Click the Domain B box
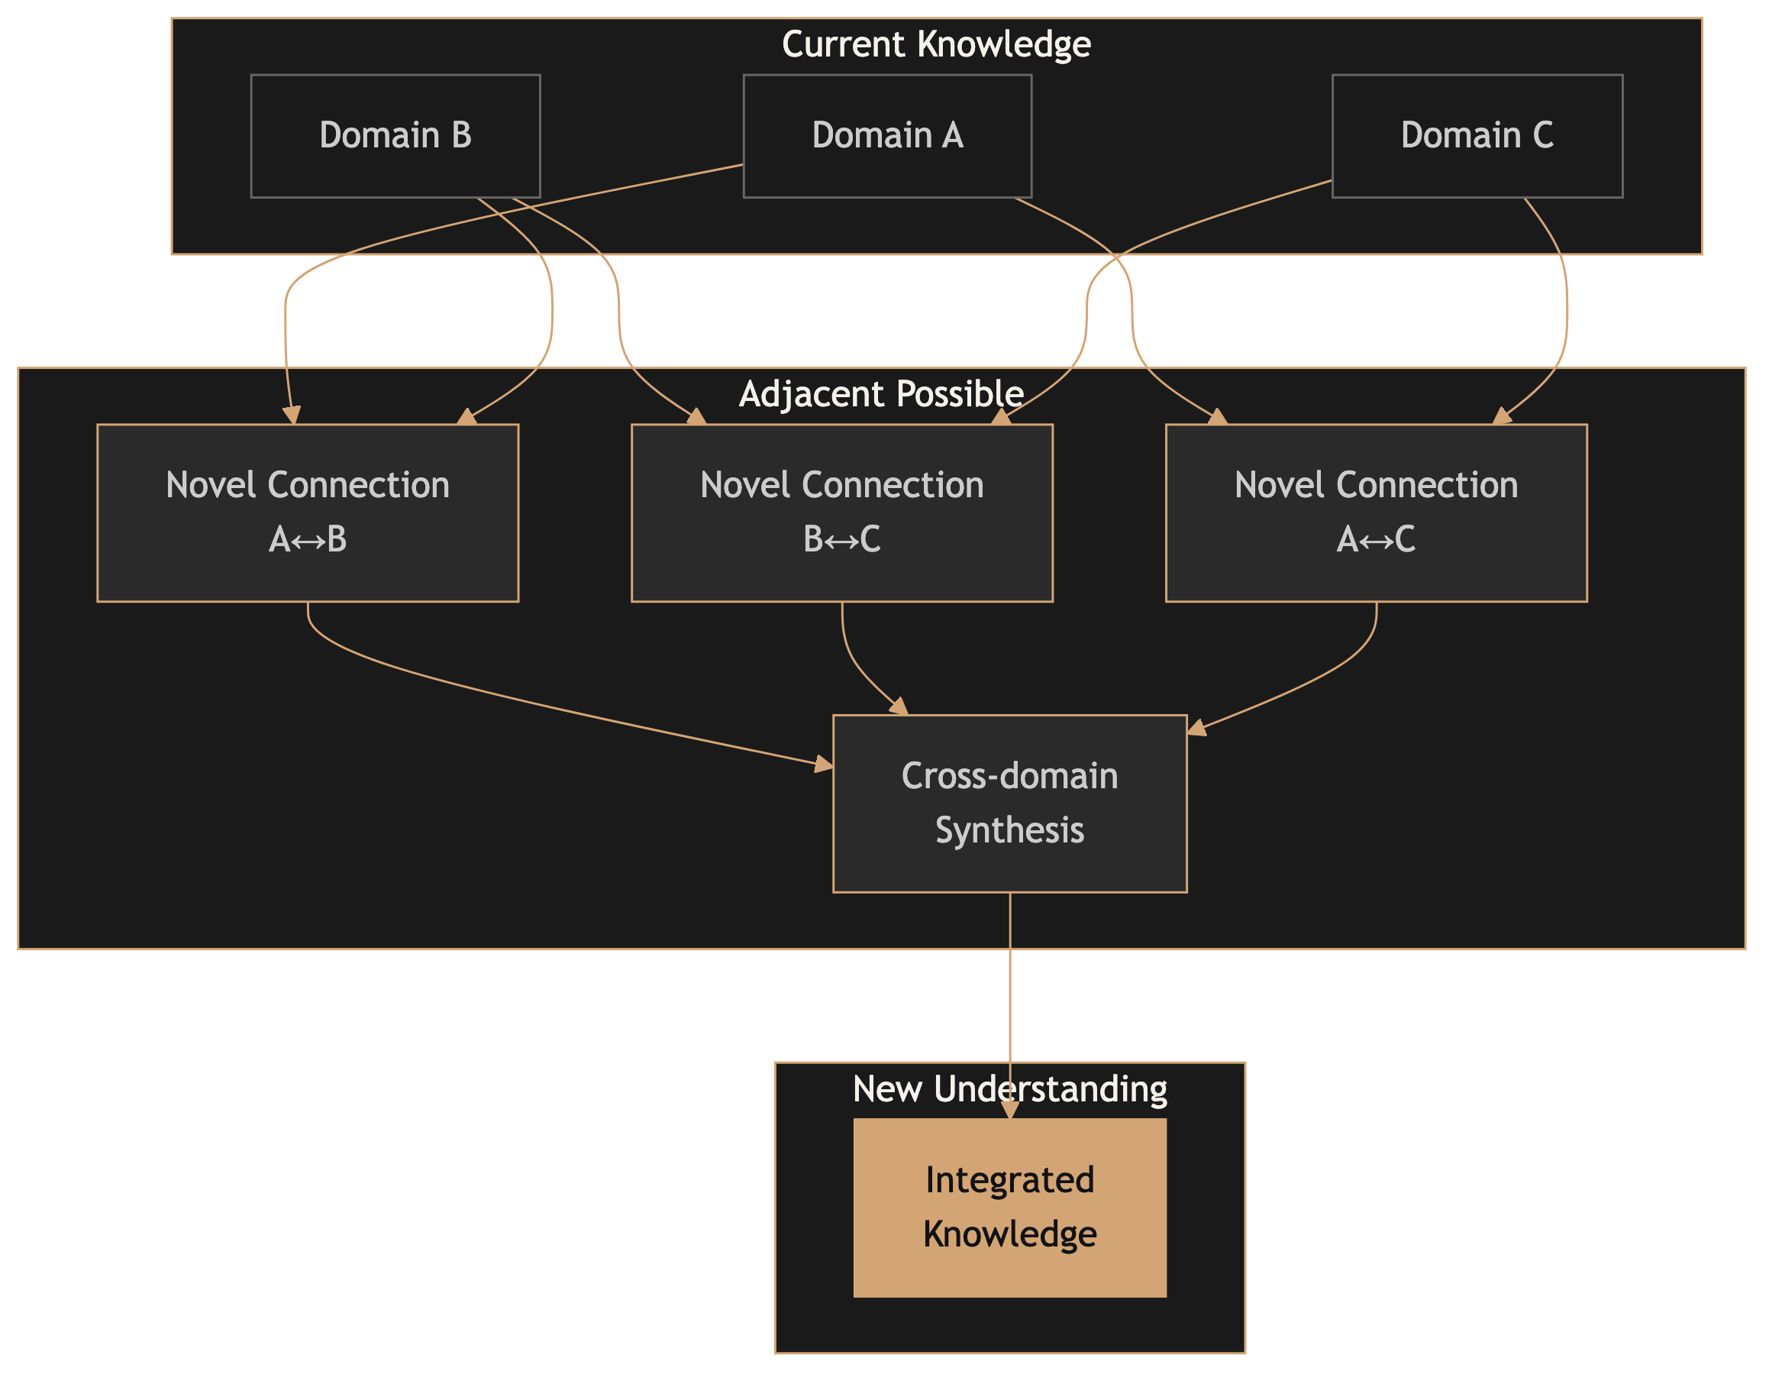click(395, 135)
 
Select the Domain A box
click(887, 135)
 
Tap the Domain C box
click(1477, 135)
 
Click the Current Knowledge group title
click(936, 44)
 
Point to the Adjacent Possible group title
click(881, 394)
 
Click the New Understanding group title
click(1009, 1089)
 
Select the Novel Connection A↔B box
click(308, 513)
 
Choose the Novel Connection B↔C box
click(841, 513)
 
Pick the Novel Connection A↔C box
click(1376, 513)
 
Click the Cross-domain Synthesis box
click(1009, 803)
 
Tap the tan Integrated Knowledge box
click(1009, 1208)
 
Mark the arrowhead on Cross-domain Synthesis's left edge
click(824, 765)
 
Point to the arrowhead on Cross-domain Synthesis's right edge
click(1196, 727)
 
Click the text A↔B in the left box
click(308, 539)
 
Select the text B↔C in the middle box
click(841, 539)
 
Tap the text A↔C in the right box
click(1376, 539)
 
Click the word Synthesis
click(1009, 830)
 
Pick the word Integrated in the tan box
click(1009, 1180)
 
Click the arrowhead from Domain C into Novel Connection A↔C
click(1501, 417)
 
